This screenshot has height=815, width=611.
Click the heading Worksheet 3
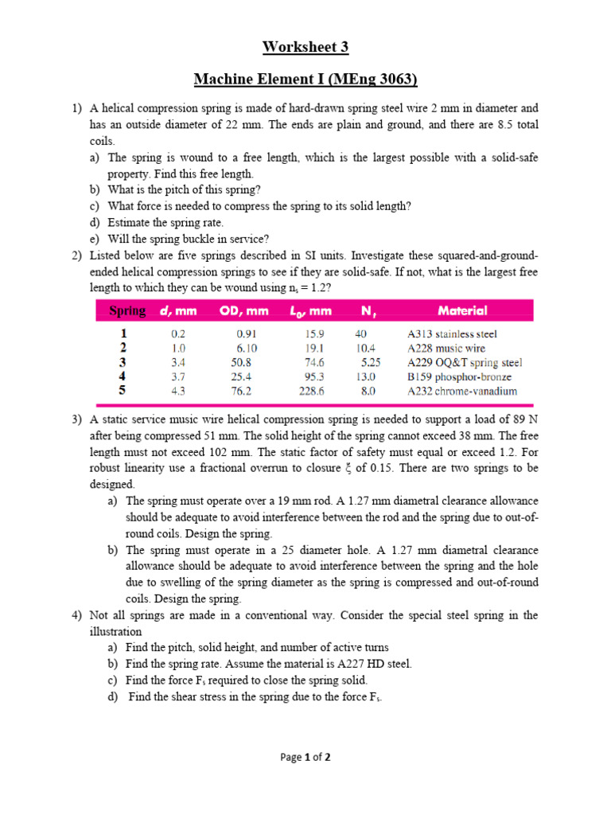pyautogui.click(x=305, y=47)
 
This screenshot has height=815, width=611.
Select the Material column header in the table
pyautogui.click(x=462, y=311)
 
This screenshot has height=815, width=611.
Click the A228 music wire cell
pyautogui.click(x=446, y=349)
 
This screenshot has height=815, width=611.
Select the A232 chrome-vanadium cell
pyautogui.click(x=461, y=392)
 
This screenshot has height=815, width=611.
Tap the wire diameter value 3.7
pyautogui.click(x=177, y=377)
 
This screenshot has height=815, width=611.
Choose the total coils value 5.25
pyautogui.click(x=371, y=363)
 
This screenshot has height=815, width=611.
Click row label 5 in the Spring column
pyautogui.click(x=123, y=391)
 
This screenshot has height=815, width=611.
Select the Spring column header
pyautogui.click(x=127, y=311)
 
